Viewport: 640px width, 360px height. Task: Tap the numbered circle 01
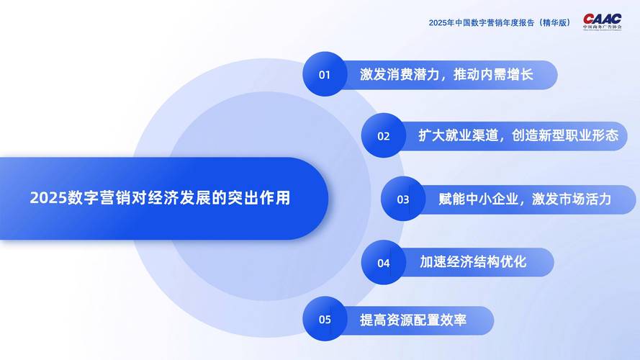click(x=325, y=74)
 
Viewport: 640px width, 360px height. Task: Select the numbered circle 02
click(x=383, y=135)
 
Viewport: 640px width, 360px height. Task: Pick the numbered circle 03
click(x=402, y=199)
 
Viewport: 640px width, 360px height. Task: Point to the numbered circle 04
click(x=383, y=262)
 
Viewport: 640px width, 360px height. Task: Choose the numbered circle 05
click(x=325, y=320)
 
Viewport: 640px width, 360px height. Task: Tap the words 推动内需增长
click(x=497, y=74)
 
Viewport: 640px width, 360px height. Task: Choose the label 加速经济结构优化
click(x=473, y=261)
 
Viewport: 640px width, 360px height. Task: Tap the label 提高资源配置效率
click(x=413, y=320)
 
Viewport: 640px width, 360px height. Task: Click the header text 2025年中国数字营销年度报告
click(x=482, y=22)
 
